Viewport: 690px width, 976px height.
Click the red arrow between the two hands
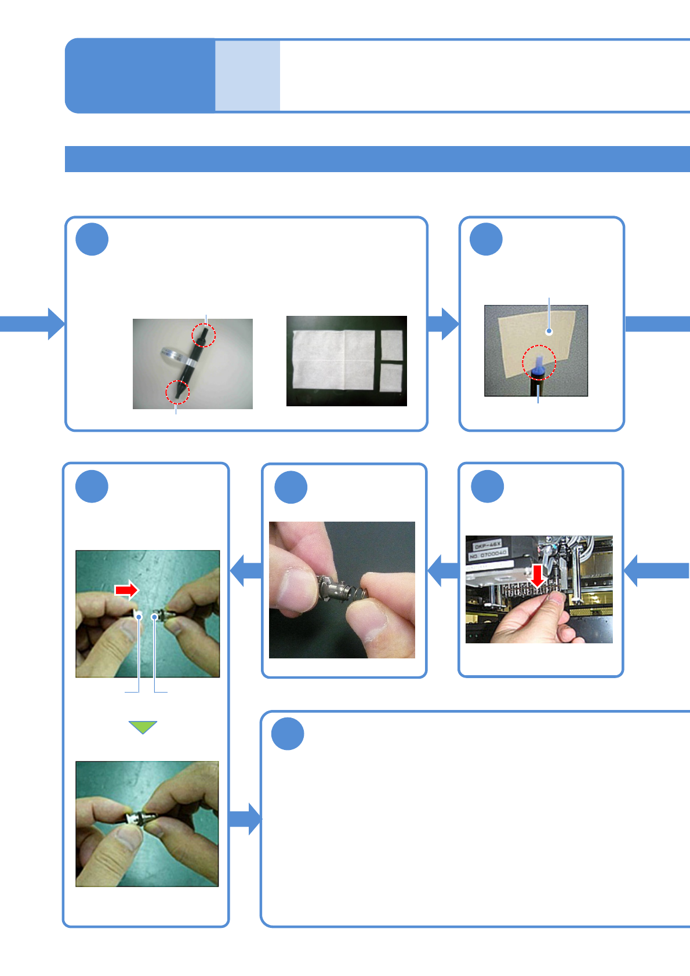126,590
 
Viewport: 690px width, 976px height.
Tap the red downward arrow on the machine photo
538,576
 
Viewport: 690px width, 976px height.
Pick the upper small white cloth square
391,345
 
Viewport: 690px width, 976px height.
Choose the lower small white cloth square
391,378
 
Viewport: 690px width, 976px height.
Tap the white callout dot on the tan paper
549,332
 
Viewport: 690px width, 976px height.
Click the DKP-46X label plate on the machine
488,545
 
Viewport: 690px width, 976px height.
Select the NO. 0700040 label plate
488,555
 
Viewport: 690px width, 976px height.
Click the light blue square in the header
248,75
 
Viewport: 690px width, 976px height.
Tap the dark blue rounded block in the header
140,75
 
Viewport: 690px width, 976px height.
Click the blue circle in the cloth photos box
92,239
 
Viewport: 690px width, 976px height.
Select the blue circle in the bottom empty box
288,734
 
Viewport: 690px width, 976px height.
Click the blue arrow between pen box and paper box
444,323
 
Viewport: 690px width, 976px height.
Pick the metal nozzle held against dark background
340,590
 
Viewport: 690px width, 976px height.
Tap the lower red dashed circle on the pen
177,392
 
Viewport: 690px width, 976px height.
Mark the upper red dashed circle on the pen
204,335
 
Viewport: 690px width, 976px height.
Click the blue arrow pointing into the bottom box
245,818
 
